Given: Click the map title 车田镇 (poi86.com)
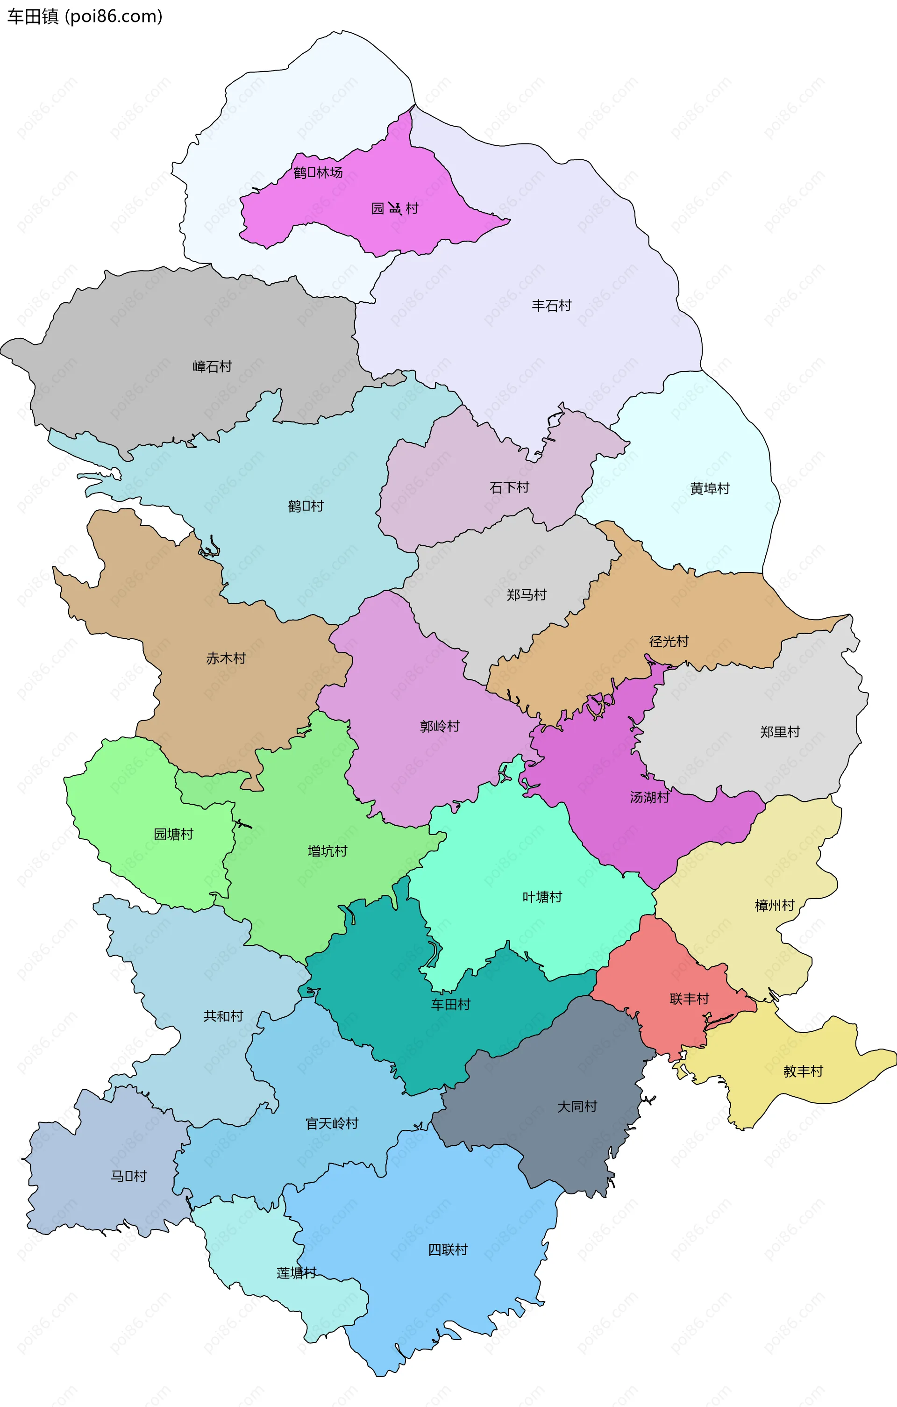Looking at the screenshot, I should click(85, 16).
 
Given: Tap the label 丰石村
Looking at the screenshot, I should click(551, 306).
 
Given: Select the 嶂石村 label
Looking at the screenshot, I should click(212, 366).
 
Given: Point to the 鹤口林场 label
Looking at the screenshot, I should click(318, 172).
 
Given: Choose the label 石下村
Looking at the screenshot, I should click(509, 487).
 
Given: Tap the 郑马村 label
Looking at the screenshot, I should click(526, 595).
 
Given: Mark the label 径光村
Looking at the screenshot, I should click(669, 641).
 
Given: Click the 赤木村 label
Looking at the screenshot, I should click(226, 658).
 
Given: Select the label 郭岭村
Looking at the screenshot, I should click(440, 726).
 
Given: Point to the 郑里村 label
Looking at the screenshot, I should click(780, 732).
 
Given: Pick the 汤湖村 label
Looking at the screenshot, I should click(649, 797).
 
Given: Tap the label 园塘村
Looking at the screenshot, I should click(173, 834).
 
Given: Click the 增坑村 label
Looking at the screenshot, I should click(327, 851).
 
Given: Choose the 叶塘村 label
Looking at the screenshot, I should click(542, 897).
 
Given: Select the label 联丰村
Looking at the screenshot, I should click(689, 999).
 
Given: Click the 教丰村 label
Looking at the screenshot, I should click(803, 1071).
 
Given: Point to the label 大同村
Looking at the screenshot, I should click(577, 1106).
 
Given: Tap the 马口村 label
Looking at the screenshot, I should click(128, 1176).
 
